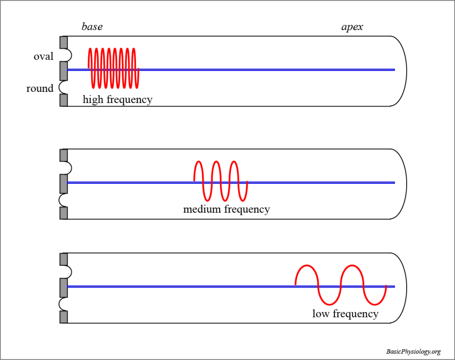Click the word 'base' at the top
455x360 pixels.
92,27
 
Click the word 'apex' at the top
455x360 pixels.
352,27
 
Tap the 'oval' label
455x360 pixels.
44,56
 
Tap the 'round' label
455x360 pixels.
40,88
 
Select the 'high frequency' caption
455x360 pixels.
117,99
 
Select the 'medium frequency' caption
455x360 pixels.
226,209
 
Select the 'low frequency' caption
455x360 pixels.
345,314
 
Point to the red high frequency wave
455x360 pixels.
114,67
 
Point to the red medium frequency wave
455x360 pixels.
220,180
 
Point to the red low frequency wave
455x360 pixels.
341,285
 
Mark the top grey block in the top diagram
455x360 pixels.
64,42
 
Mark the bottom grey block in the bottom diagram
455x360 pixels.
64,317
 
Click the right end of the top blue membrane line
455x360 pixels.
393,70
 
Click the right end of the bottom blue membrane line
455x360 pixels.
393,286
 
